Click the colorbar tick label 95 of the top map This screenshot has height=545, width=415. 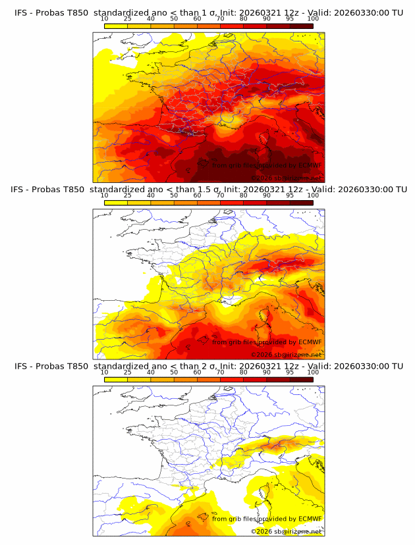(290, 18)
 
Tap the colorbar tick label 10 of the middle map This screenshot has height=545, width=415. (104, 195)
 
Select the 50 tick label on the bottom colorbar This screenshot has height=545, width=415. (174, 373)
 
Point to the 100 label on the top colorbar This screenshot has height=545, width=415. (313, 18)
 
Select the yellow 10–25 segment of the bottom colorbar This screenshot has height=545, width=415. (115, 380)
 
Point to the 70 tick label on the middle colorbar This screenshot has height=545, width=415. (220, 195)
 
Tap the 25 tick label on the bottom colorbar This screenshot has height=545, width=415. (127, 373)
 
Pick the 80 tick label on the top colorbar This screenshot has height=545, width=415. (244, 18)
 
